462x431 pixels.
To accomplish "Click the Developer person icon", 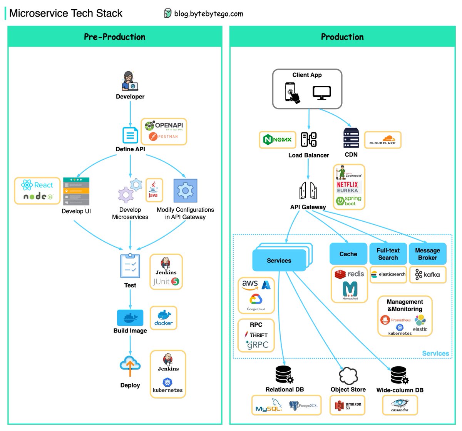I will pyautogui.click(x=130, y=81).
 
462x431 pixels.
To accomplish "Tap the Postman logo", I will pyautogui.click(x=164, y=136).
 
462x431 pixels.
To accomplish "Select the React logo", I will pyautogui.click(x=37, y=185).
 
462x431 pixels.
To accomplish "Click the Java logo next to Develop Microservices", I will pyautogui.click(x=153, y=189).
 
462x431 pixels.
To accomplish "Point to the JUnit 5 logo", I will pyautogui.click(x=166, y=282).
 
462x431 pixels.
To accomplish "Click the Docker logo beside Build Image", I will pyautogui.click(x=164, y=318).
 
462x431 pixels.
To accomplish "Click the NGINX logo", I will pyautogui.click(x=277, y=140).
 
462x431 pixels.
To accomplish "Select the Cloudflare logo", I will pyautogui.click(x=382, y=140).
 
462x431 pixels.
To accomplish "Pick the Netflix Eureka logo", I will pyautogui.click(x=347, y=187).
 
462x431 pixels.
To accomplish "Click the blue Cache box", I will pyautogui.click(x=348, y=254).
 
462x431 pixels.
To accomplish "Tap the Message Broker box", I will pyautogui.click(x=427, y=254).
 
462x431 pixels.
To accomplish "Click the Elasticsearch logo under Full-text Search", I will pyautogui.click(x=388, y=274).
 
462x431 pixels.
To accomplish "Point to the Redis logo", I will pyautogui.click(x=349, y=274).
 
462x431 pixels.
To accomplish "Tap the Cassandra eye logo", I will pyautogui.click(x=400, y=404).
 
